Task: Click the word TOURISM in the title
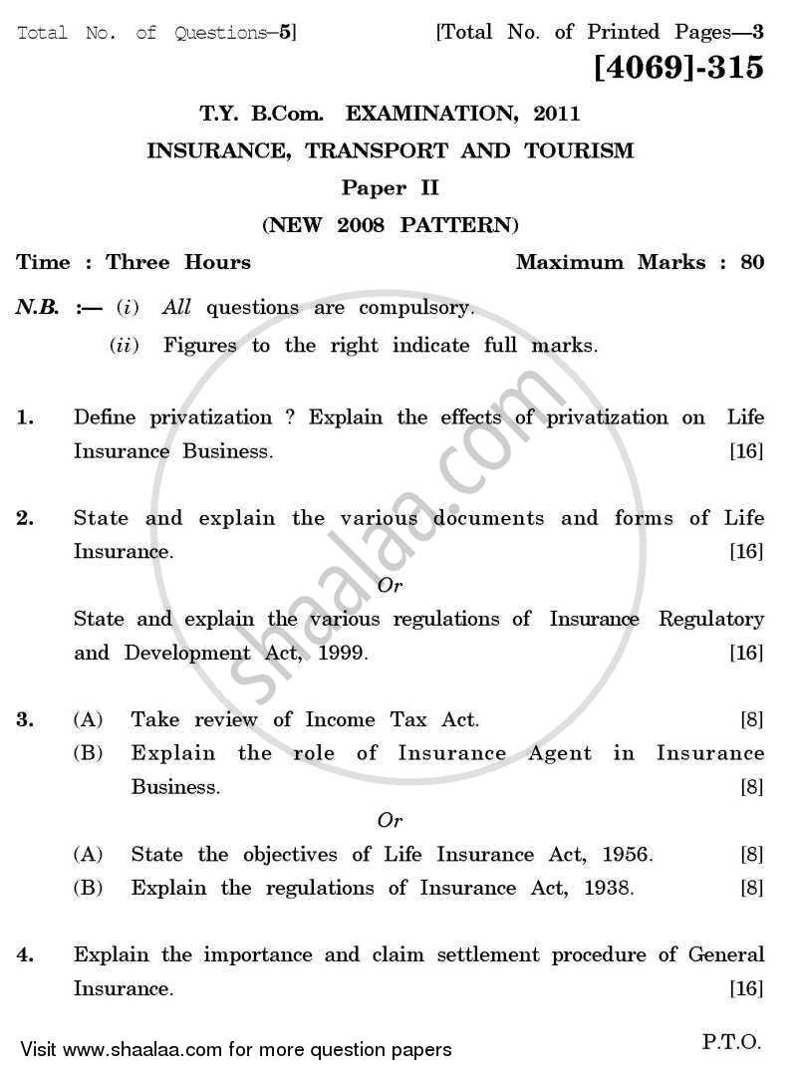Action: (583, 151)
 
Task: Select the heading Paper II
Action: (391, 187)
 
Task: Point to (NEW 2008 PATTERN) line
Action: (391, 224)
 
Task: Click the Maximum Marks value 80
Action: (752, 263)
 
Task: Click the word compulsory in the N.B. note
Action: (412, 308)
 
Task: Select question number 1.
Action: (26, 418)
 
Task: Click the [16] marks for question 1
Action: (746, 451)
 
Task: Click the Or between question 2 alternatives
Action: (391, 586)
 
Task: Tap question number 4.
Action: (26, 955)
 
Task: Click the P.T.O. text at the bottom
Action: (732, 1042)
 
